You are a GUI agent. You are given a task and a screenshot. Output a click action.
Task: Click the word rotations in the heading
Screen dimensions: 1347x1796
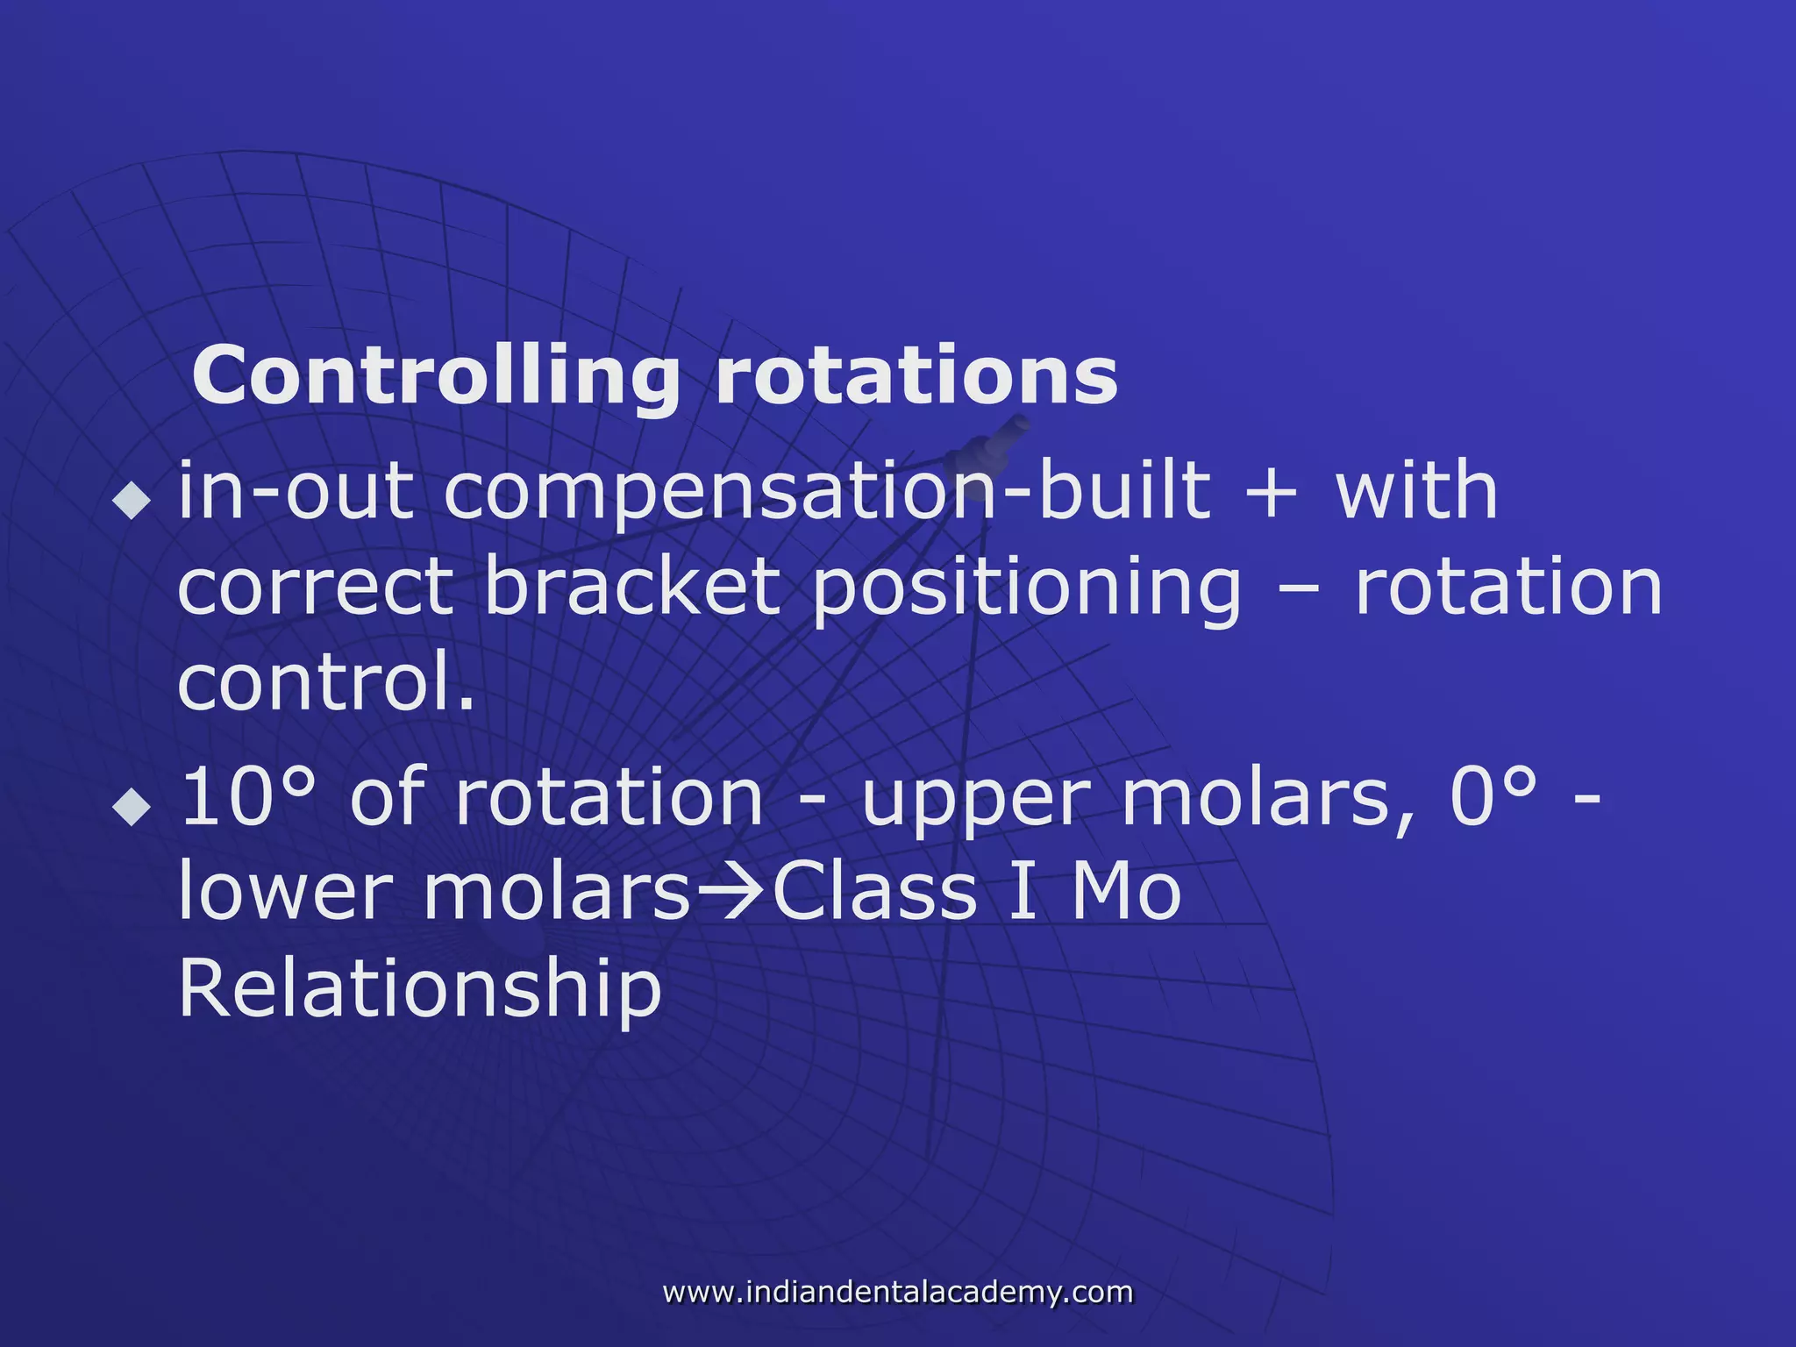click(x=916, y=375)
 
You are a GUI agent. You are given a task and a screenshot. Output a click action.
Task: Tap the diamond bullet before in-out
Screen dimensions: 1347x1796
click(x=132, y=502)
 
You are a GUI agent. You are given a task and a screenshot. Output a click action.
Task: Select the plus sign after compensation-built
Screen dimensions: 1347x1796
click(x=1270, y=493)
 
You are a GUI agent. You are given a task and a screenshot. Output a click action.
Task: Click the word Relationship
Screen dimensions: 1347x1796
click(x=419, y=989)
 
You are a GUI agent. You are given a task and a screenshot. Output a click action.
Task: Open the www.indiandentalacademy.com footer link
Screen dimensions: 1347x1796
click(x=898, y=1292)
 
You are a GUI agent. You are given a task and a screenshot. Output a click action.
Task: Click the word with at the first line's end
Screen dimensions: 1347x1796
click(x=1416, y=491)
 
